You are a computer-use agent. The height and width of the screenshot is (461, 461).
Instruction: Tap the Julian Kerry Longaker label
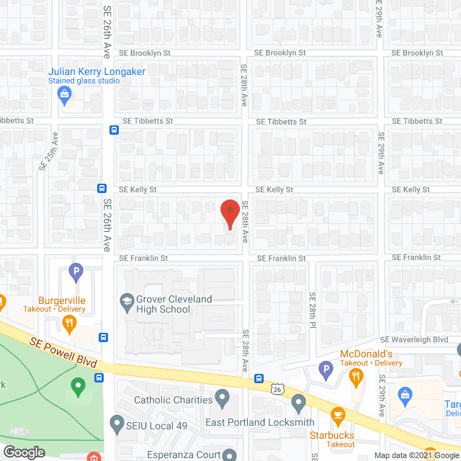[x=97, y=71]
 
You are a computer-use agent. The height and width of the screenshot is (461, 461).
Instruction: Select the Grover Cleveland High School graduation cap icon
[x=127, y=299]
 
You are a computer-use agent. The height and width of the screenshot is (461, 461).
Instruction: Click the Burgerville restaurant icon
[x=71, y=324]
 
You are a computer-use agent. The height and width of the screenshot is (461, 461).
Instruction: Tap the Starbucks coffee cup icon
[x=337, y=416]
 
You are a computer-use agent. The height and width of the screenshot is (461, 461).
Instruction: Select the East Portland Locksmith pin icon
[x=299, y=401]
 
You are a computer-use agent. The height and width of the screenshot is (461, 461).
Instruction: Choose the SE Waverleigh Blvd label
[x=414, y=339]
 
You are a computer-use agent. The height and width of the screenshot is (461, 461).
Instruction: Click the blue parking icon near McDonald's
[x=325, y=372]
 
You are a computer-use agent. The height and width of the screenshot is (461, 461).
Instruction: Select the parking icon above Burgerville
[x=76, y=273]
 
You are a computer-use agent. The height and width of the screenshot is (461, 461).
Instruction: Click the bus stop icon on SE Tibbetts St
[x=114, y=130]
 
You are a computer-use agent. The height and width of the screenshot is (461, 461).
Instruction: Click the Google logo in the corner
[x=23, y=452]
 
